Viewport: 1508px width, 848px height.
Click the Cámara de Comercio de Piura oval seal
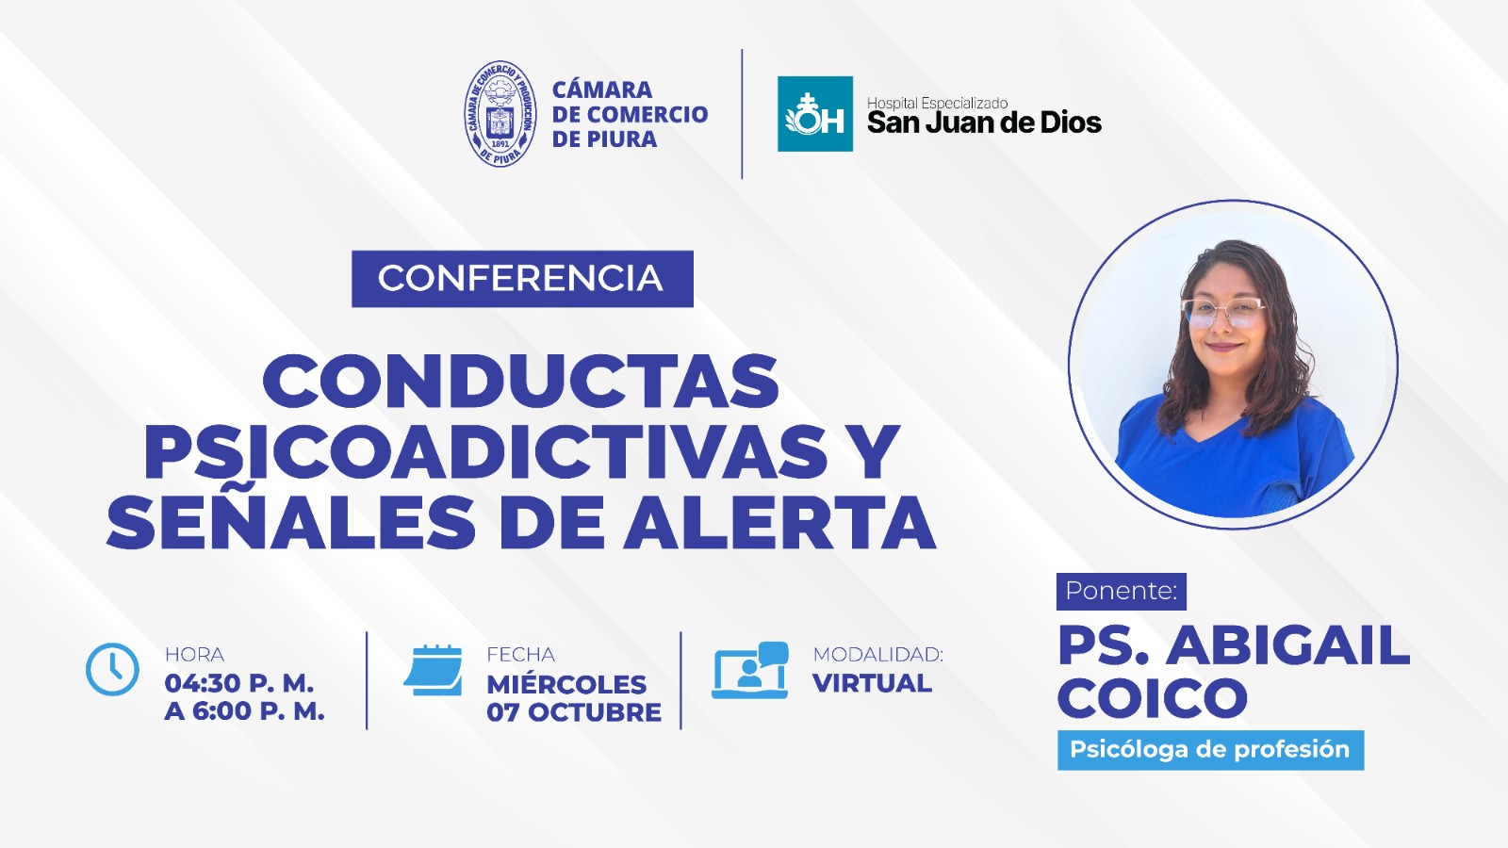click(x=500, y=114)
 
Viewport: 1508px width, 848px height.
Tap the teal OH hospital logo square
click(x=814, y=114)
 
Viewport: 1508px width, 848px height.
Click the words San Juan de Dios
click(x=984, y=122)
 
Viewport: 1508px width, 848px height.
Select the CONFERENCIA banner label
click(x=522, y=279)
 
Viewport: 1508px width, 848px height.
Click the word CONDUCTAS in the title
click(x=520, y=381)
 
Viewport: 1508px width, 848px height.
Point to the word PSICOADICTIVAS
click(x=484, y=451)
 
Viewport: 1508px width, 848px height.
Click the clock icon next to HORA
click(x=112, y=669)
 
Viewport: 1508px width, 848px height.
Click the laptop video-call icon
click(x=750, y=670)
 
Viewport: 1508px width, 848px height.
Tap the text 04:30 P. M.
click(x=239, y=683)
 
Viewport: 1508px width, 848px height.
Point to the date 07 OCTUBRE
click(x=574, y=712)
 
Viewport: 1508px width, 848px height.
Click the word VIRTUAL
click(x=872, y=683)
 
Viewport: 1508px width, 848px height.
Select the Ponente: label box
click(x=1121, y=591)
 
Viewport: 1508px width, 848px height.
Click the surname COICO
click(x=1153, y=698)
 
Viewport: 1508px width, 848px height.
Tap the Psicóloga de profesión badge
click(x=1210, y=750)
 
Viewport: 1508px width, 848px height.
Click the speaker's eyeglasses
click(x=1223, y=312)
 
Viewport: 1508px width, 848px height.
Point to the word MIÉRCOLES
click(x=566, y=684)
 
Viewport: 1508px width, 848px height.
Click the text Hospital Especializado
click(x=937, y=103)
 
